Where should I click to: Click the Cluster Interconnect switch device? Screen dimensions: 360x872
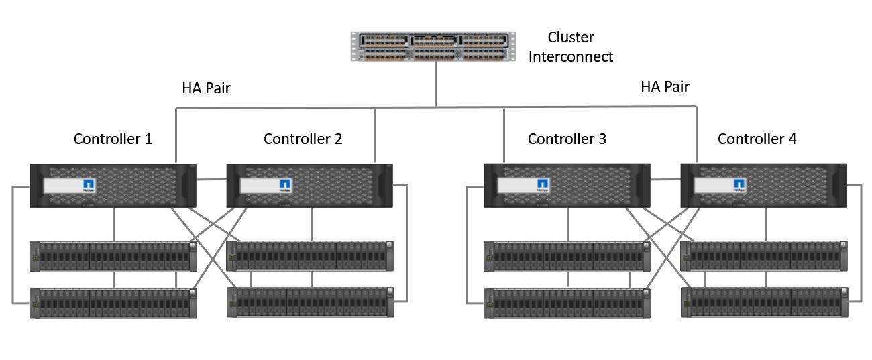[434, 46]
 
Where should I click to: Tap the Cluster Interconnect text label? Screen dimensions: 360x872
[571, 47]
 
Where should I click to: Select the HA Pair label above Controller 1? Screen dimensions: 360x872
[207, 88]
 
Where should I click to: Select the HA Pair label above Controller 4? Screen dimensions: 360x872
[665, 86]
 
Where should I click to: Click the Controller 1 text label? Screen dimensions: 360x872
[113, 139]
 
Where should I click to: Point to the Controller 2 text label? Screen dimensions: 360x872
[303, 139]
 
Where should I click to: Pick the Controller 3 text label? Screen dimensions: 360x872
[567, 139]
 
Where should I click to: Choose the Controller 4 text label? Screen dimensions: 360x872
[757, 139]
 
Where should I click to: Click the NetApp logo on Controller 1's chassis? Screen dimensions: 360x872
[89, 186]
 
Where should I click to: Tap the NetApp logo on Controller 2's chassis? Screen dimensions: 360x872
[285, 186]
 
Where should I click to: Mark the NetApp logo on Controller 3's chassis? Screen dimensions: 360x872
[543, 185]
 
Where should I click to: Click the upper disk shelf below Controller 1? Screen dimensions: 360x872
[113, 256]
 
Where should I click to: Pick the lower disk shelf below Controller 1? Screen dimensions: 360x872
[113, 303]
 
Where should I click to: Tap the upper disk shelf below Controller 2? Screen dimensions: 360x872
[310, 255]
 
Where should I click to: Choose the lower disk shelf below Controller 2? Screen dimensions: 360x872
[310, 302]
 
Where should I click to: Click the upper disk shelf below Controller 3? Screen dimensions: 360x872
[567, 256]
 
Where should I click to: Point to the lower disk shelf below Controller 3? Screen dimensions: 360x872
[567, 303]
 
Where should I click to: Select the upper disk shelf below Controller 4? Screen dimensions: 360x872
[764, 255]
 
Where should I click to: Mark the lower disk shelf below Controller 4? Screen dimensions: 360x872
[764, 302]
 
